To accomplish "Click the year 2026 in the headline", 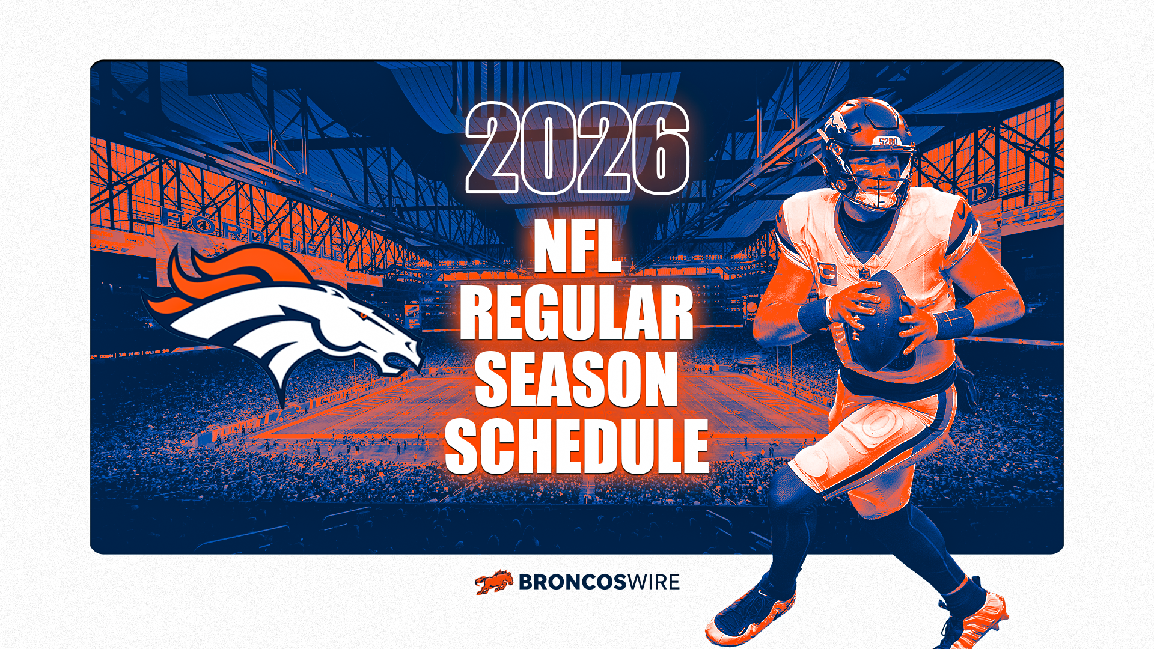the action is [577, 148].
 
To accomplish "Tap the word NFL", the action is [577, 246].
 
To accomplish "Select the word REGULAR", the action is [577, 313].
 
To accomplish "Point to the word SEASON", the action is [577, 379].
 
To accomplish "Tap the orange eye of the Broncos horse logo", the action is [363, 315].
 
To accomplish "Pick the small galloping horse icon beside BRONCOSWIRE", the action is [494, 582].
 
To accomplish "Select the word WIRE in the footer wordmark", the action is [654, 582].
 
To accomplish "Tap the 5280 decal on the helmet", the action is [888, 142].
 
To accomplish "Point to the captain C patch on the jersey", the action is [827, 273].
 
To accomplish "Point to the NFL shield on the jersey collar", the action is [864, 273].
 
